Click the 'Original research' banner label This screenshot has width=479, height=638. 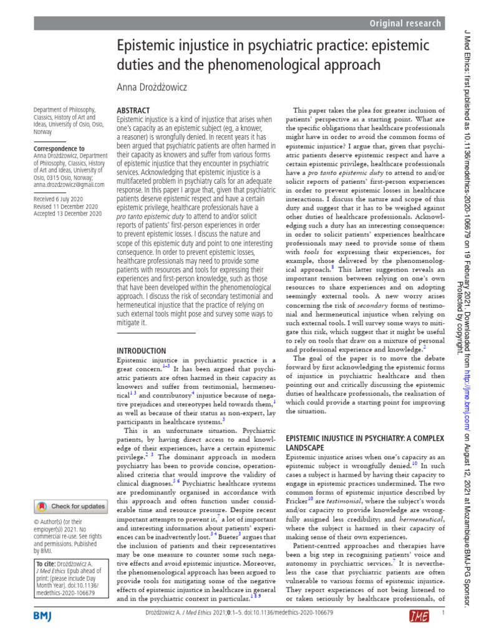pyautogui.click(x=405, y=24)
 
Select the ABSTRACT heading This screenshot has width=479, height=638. pyautogui.click(x=133, y=110)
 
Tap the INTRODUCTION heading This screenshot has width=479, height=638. pyautogui.click(x=142, y=351)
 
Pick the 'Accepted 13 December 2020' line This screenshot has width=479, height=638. pyautogui.click(x=68, y=213)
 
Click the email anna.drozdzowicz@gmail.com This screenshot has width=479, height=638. pyautogui.click(x=69, y=184)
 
